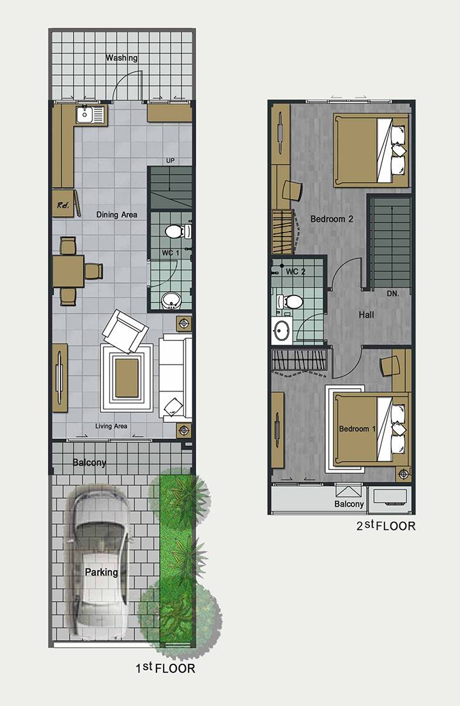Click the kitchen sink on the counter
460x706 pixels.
click(x=89, y=115)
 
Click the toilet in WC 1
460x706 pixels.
click(x=178, y=231)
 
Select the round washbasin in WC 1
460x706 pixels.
click(x=171, y=299)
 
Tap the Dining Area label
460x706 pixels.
click(x=117, y=215)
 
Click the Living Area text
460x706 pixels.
click(x=111, y=426)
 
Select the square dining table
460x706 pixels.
click(x=68, y=271)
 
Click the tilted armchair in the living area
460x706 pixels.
click(x=125, y=331)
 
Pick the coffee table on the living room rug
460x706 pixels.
click(x=126, y=377)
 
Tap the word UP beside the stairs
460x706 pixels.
click(x=171, y=161)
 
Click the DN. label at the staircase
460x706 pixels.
click(x=393, y=294)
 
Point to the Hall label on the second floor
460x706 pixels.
click(x=367, y=315)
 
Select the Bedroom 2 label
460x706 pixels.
click(x=332, y=219)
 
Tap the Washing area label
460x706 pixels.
click(x=122, y=58)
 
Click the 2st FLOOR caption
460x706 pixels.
click(x=386, y=526)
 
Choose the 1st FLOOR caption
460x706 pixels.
click(x=165, y=668)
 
